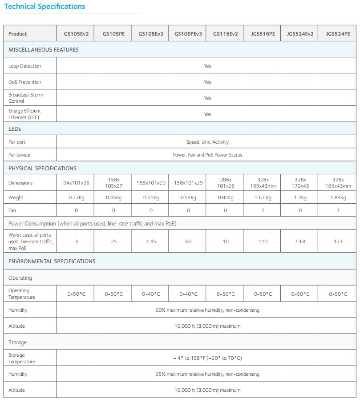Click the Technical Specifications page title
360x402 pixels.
coord(44,7)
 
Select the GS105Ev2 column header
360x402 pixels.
coord(76,34)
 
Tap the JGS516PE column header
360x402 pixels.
coord(263,34)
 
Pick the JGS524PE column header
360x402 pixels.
coord(338,34)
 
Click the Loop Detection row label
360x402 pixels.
coord(24,66)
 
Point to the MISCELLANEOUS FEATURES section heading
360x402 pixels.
coord(44,50)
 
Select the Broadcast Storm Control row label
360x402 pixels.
coord(26,98)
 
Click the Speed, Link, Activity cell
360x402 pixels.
coord(207,142)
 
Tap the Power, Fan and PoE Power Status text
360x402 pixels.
coord(207,155)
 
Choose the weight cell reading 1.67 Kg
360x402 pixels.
coord(263,197)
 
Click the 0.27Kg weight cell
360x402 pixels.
coord(76,197)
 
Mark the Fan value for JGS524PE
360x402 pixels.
coord(338,210)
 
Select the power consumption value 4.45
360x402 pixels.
coord(151,241)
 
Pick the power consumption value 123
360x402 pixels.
coord(338,241)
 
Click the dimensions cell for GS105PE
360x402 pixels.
coord(113,183)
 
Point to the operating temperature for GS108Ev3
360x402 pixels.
coord(151,294)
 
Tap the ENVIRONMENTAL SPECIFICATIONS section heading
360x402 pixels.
coord(52,261)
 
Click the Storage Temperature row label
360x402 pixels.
coord(22,358)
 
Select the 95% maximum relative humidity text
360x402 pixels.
coord(207,374)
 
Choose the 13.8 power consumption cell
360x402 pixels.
coord(300,241)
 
